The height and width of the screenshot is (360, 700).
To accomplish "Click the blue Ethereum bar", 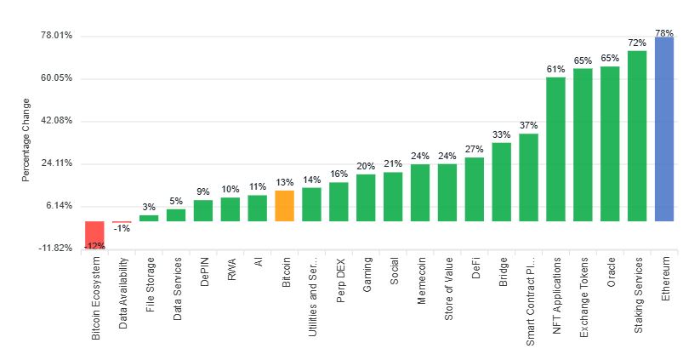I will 664,129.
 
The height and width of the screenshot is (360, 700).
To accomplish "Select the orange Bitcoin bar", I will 285,205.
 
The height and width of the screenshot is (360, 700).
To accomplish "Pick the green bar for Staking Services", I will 637,135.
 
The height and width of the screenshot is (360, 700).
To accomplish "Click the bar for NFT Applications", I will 555,149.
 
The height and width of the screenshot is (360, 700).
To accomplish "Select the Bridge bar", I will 502,181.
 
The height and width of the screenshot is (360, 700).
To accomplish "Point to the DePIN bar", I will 203,210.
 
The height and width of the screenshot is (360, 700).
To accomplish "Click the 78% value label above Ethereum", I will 664,32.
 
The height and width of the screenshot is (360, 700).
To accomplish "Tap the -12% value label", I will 94,246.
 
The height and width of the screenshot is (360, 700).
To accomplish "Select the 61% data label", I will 555,70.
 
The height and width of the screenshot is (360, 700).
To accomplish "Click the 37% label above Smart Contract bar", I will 528,126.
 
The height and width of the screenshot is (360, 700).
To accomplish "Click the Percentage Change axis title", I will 26,140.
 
